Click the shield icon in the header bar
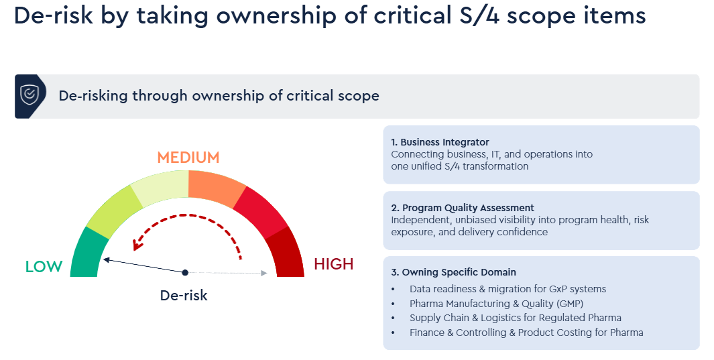(29, 95)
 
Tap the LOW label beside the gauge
(44, 267)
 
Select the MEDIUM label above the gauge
(188, 158)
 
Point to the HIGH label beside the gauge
(334, 264)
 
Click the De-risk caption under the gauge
(184, 296)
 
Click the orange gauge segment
(217, 188)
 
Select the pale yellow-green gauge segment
(160, 188)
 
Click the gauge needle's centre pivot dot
(185, 273)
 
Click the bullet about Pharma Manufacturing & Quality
(496, 304)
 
